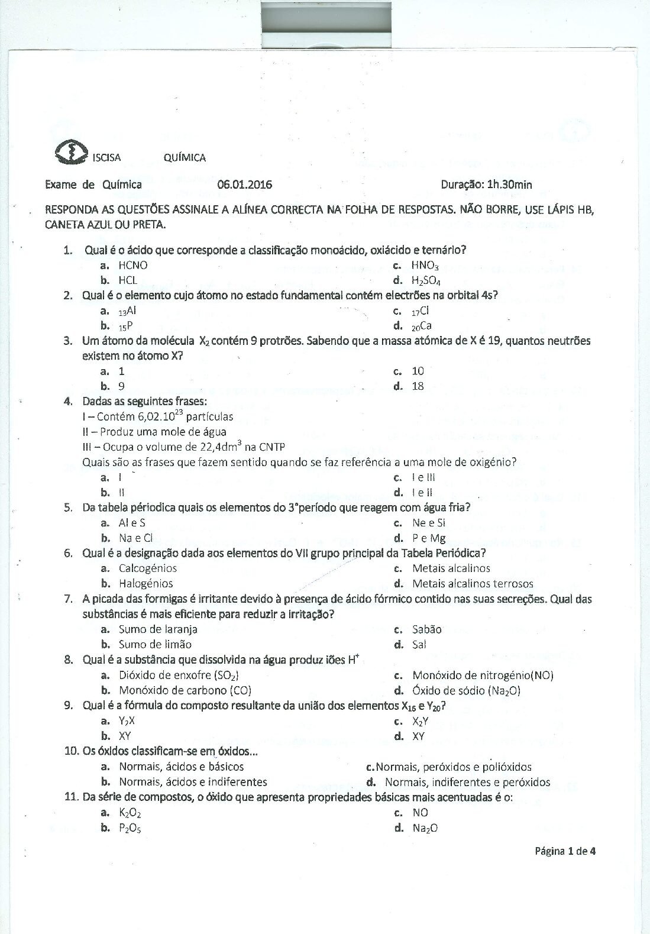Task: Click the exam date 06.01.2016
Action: pyautogui.click(x=244, y=185)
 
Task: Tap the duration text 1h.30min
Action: pyautogui.click(x=509, y=185)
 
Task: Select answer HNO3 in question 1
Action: pyautogui.click(x=424, y=266)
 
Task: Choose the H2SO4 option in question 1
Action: pyautogui.click(x=426, y=280)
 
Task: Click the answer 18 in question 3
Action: pyautogui.click(x=418, y=386)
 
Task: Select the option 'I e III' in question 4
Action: pyautogui.click(x=423, y=477)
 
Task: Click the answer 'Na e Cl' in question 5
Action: pyautogui.click(x=135, y=538)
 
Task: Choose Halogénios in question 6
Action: pyautogui.click(x=145, y=583)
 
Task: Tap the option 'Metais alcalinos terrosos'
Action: pyautogui.click(x=473, y=583)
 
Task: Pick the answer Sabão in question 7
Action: pyautogui.click(x=426, y=629)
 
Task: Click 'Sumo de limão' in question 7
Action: pyautogui.click(x=155, y=644)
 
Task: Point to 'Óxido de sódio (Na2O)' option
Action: pyautogui.click(x=466, y=690)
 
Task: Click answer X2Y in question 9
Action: pyautogui.click(x=420, y=721)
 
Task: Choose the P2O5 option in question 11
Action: pyautogui.click(x=130, y=828)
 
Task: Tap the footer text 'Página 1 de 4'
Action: pyautogui.click(x=565, y=851)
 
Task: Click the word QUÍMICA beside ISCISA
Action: pyautogui.click(x=185, y=157)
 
